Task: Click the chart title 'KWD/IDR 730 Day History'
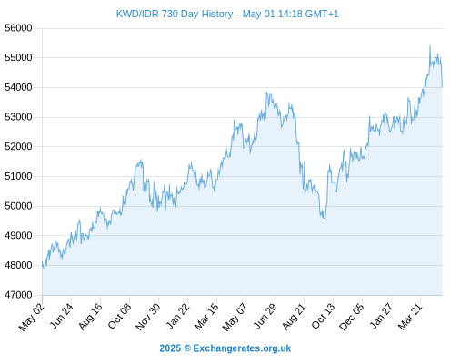(175, 14)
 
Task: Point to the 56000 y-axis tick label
(18, 28)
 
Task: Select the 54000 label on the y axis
(18, 87)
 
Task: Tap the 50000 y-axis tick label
(18, 206)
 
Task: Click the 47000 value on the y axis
(18, 295)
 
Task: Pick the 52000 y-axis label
(18, 147)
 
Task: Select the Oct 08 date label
(120, 316)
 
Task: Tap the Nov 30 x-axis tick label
(148, 317)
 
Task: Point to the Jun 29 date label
(265, 316)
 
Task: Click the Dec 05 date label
(352, 317)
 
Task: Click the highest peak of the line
(430, 46)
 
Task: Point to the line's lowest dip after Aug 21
(324, 218)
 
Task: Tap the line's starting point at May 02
(43, 262)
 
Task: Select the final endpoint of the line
(442, 87)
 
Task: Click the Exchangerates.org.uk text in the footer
(242, 348)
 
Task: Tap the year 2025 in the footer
(170, 348)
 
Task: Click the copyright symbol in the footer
(187, 348)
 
